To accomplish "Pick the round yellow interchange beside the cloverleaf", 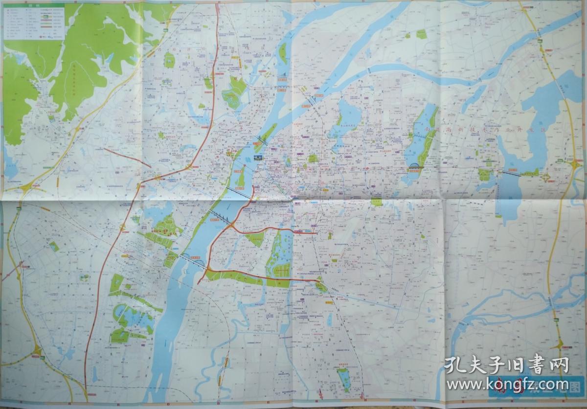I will point(575,166).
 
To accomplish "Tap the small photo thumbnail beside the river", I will point(258,158).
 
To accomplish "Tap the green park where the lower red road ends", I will point(320,286).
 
